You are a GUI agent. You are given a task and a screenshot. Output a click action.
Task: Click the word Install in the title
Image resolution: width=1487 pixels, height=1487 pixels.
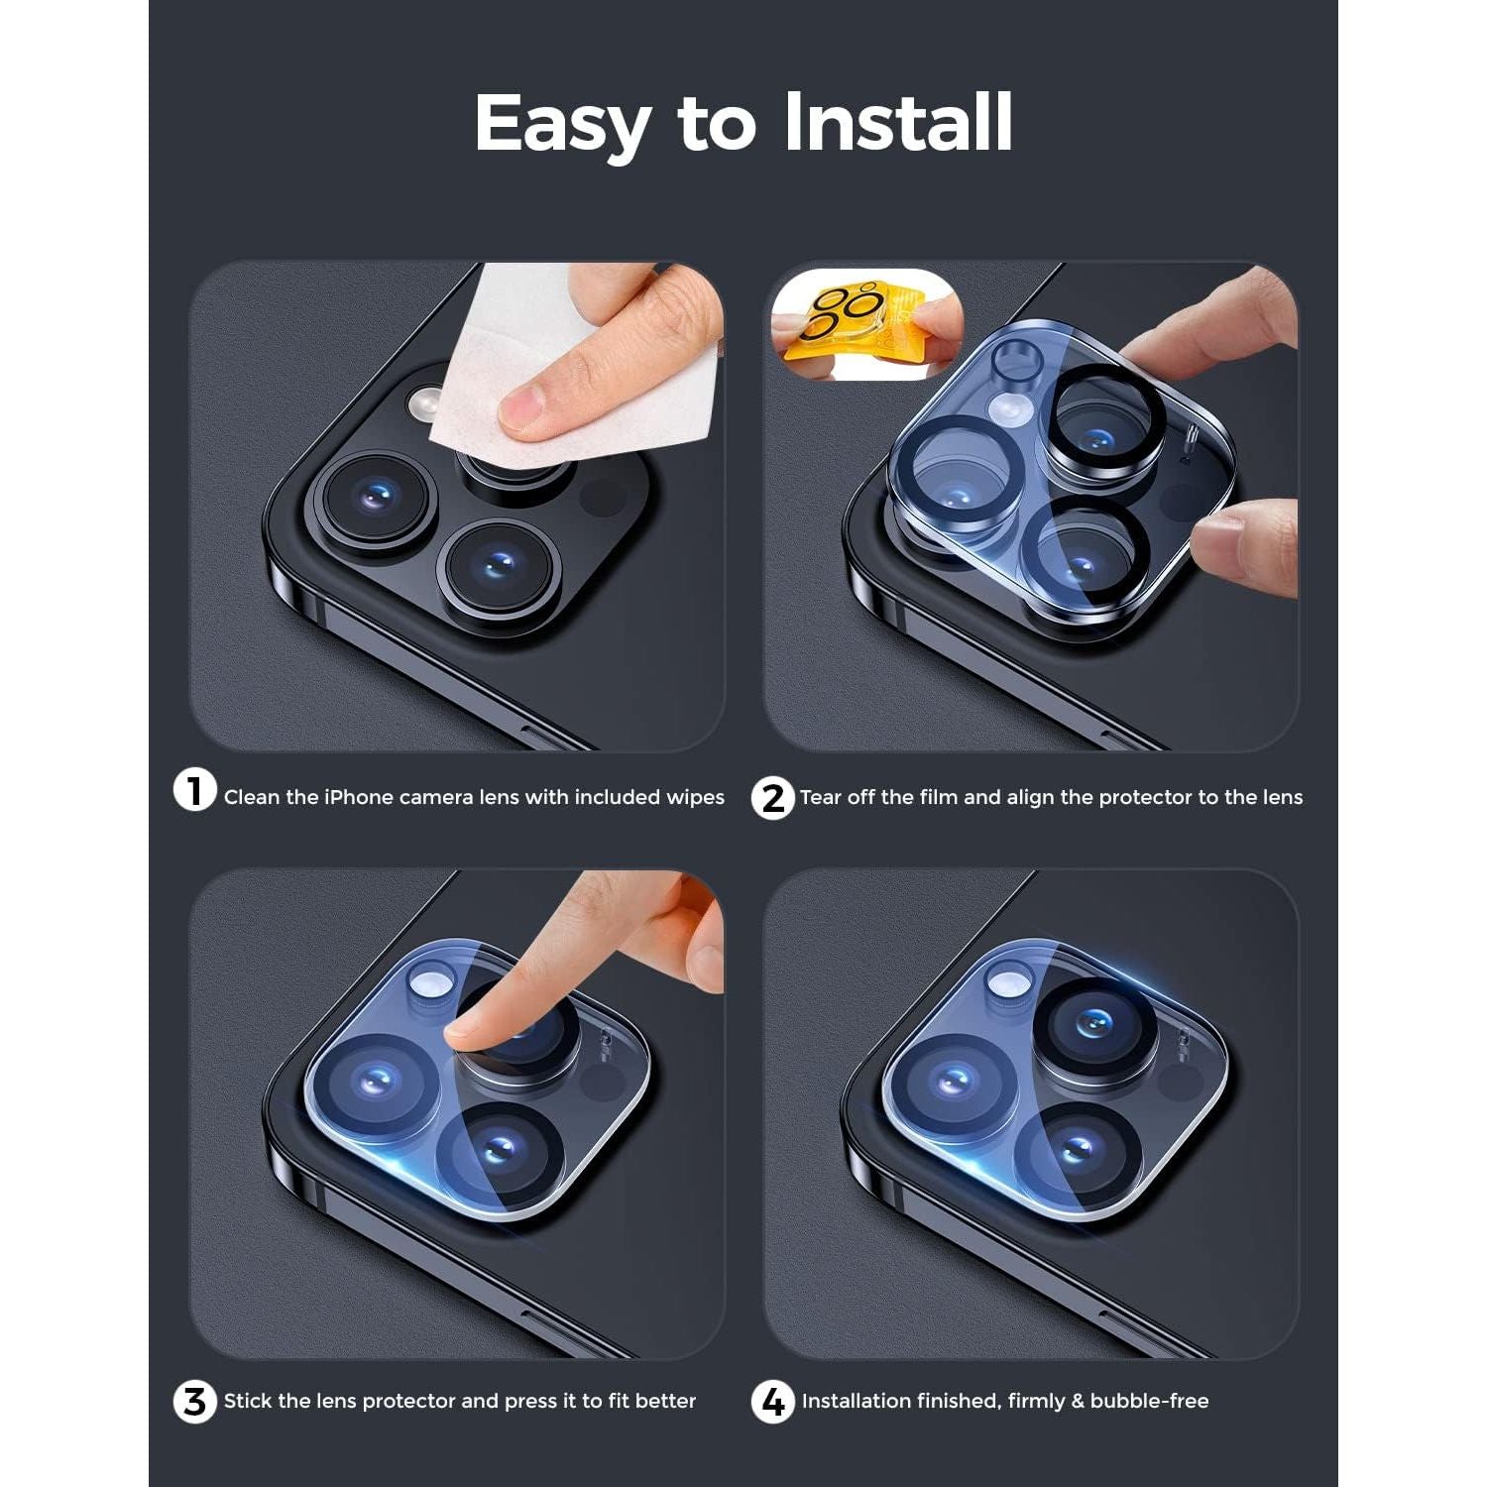(x=897, y=122)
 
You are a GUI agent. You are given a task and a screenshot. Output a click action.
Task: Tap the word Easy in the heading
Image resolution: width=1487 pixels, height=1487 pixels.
(x=561, y=124)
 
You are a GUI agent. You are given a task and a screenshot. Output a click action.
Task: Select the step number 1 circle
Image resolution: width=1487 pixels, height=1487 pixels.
(x=194, y=791)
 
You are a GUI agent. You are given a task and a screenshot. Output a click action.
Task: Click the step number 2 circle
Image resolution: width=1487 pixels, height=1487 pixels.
(x=772, y=798)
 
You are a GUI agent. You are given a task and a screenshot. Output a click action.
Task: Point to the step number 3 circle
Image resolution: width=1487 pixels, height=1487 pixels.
(x=194, y=1402)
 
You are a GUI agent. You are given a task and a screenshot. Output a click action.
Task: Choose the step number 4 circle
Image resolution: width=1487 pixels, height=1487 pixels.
(x=772, y=1402)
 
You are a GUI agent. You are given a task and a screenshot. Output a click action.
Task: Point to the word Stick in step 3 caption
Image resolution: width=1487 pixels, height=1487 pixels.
(x=248, y=1401)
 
